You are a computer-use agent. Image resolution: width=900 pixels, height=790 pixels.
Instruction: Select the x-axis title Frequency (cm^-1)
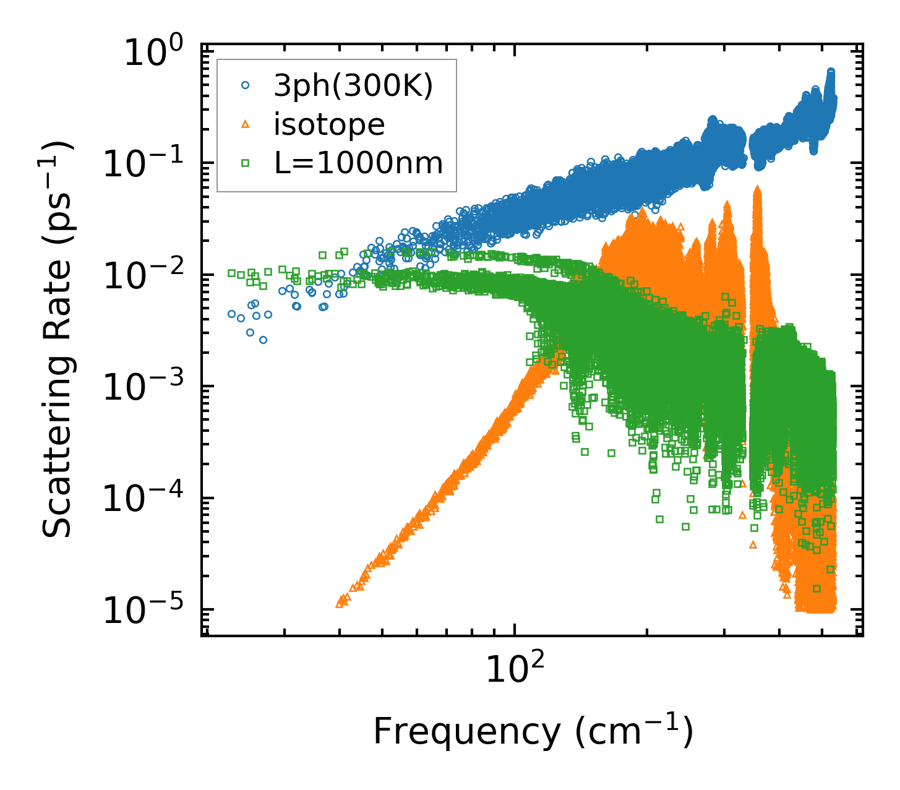tap(533, 731)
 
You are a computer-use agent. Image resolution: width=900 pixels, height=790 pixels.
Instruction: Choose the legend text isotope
tap(329, 125)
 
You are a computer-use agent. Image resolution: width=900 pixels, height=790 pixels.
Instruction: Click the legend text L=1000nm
tap(358, 163)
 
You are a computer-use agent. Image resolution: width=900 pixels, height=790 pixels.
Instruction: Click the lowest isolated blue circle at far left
tap(263, 340)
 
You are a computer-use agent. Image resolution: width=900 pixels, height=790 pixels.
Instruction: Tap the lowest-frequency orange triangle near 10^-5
tap(340, 603)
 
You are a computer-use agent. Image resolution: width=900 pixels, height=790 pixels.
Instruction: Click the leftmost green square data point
tap(231, 273)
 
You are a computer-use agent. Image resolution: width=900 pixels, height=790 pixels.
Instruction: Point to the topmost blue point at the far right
tap(831, 72)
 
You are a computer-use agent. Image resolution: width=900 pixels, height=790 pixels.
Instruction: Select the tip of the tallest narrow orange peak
tap(757, 188)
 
